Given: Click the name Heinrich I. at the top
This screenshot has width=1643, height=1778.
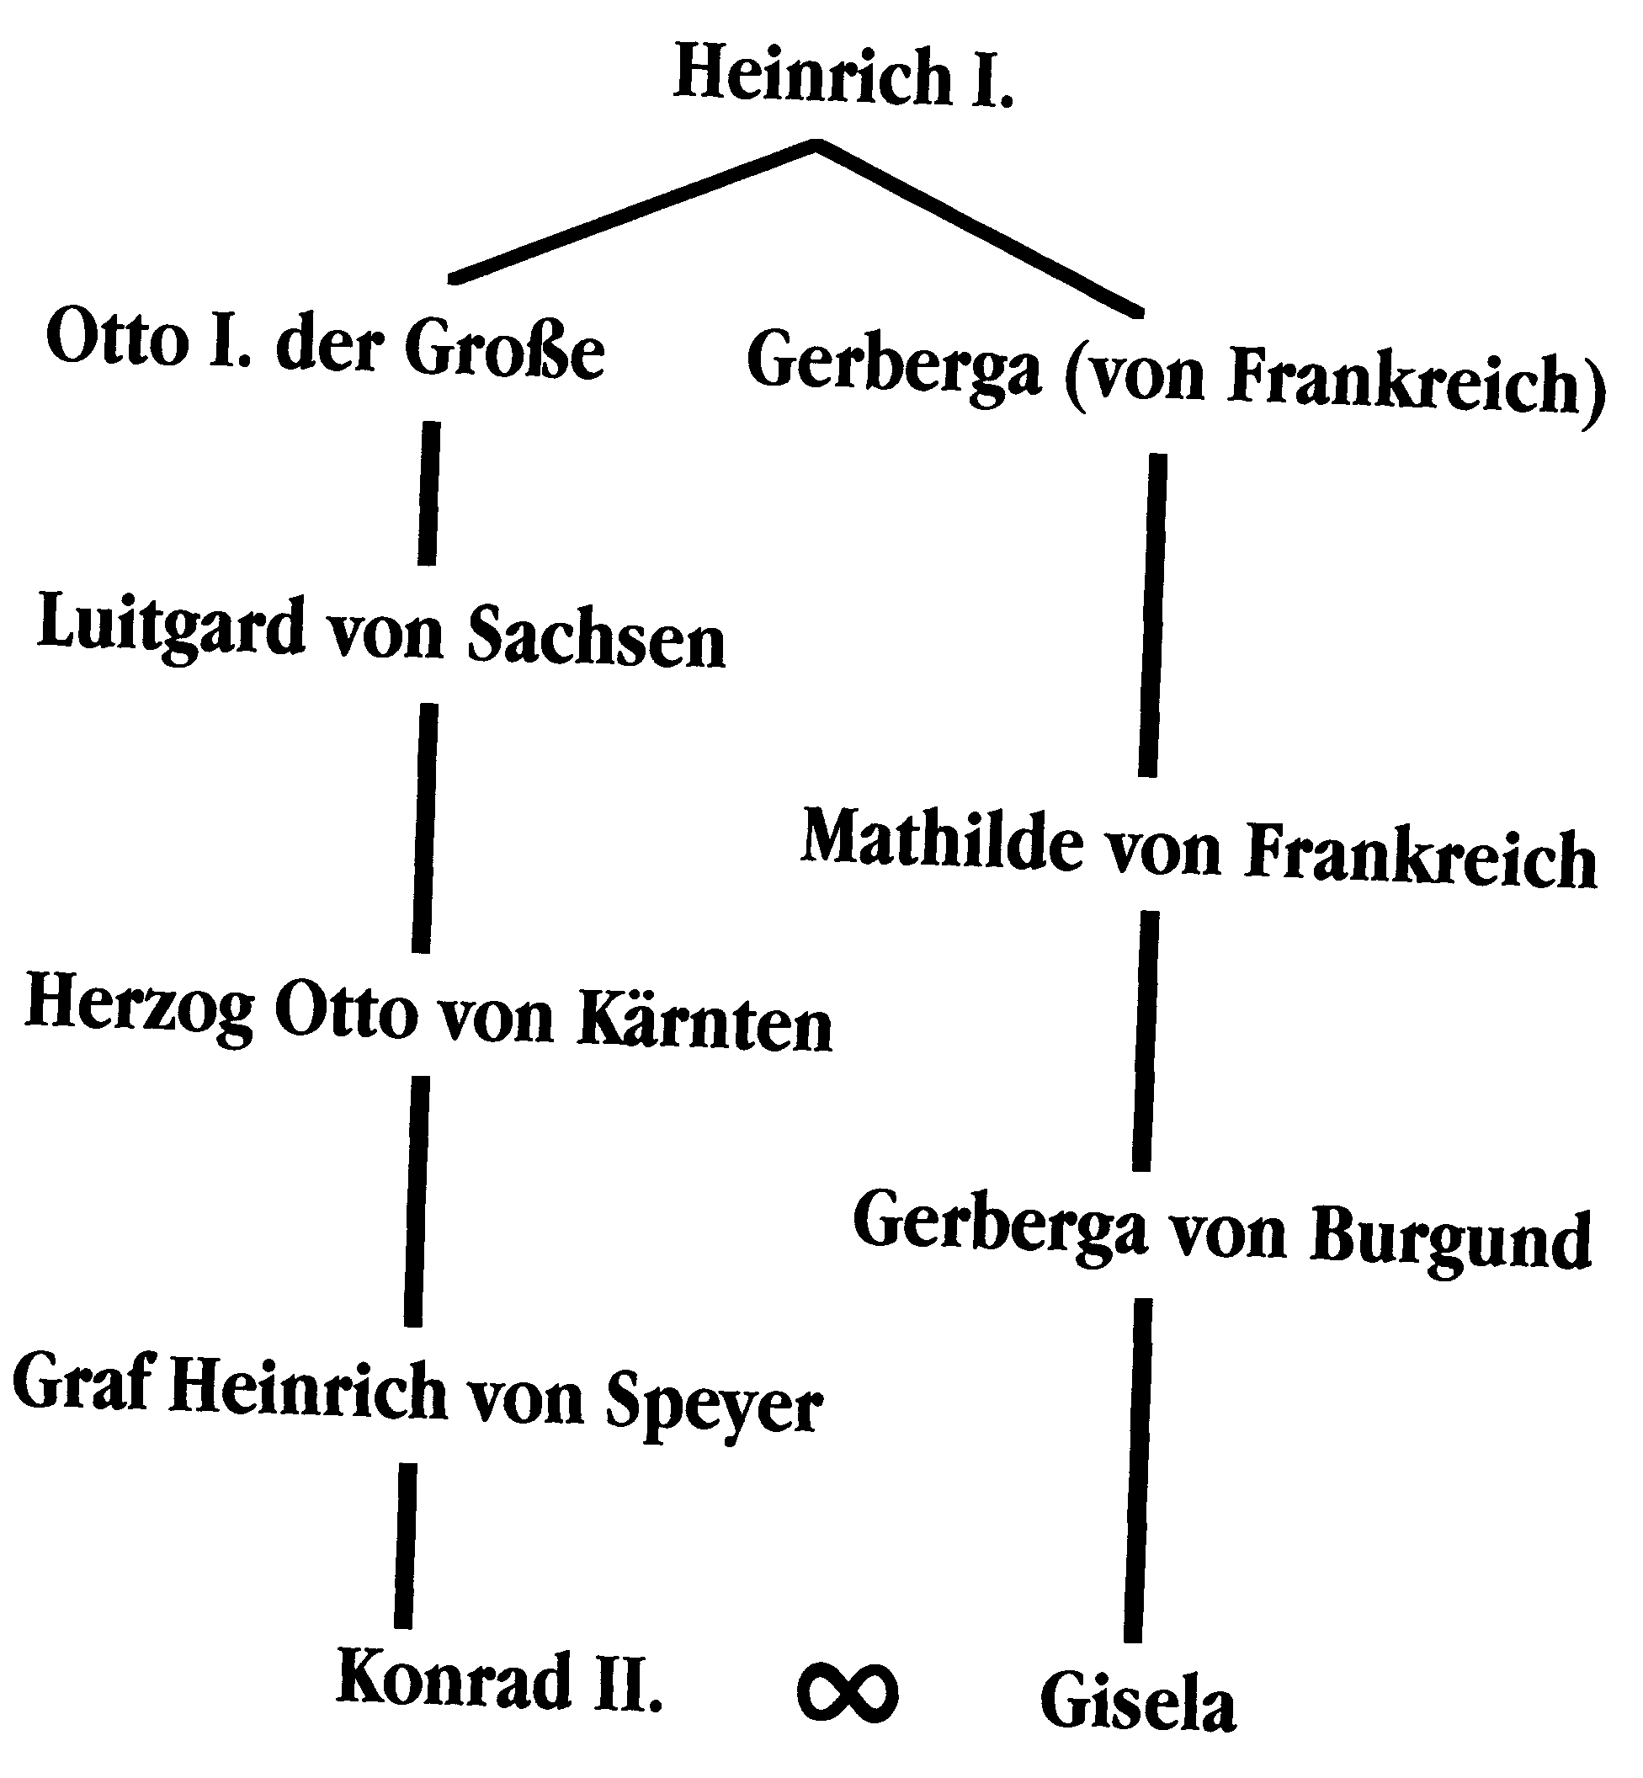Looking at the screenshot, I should tap(843, 77).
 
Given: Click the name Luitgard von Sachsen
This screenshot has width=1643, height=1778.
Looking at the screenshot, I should tap(381, 632).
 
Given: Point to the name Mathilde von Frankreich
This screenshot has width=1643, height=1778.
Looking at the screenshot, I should tap(1199, 849).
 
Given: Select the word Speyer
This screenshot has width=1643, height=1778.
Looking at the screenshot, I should tap(714, 1403).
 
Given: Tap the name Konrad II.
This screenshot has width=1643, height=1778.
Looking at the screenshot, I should tap(499, 1680).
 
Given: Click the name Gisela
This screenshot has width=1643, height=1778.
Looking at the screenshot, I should tap(1138, 1701).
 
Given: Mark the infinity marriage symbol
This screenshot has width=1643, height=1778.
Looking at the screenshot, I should tap(847, 1692).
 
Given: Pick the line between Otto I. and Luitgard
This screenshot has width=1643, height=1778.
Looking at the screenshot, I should tap(428, 493).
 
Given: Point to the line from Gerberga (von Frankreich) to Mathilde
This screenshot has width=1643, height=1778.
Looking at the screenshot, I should tap(1153, 615).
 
